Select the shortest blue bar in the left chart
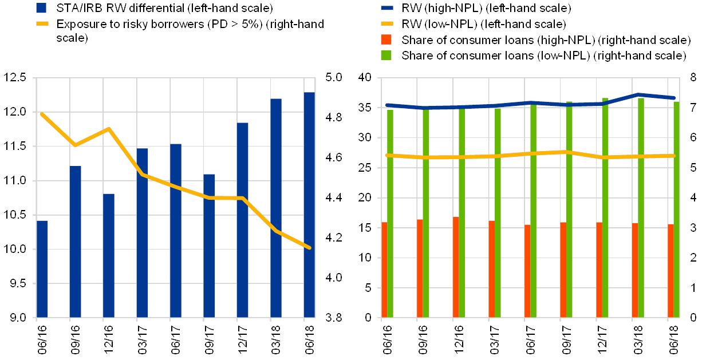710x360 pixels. click(x=42, y=268)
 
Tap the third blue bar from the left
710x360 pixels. click(x=108, y=255)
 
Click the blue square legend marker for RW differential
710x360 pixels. click(x=41, y=8)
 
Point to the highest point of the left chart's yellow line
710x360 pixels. click(x=42, y=114)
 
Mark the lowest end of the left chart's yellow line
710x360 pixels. click(x=309, y=248)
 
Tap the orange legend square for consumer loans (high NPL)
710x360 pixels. click(x=386, y=39)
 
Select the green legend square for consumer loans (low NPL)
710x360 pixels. click(x=386, y=56)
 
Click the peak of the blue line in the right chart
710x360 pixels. click(x=638, y=94)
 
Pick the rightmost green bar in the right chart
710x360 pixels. click(x=676, y=209)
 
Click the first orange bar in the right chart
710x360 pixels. click(x=384, y=269)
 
